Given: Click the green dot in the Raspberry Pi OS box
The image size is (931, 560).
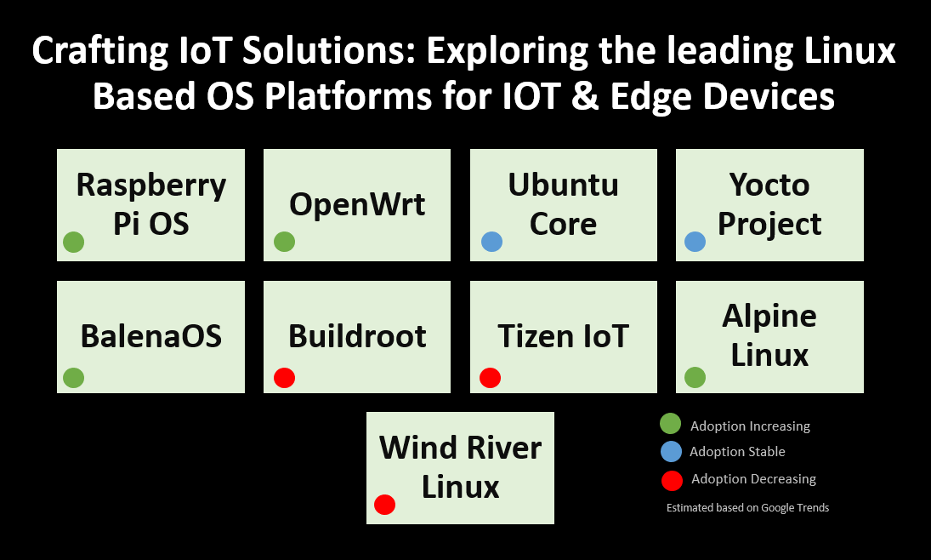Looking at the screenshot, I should pos(74,242).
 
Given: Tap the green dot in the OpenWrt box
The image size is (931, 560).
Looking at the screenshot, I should pos(284,242).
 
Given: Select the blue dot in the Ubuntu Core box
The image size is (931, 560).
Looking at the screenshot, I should pos(491,242).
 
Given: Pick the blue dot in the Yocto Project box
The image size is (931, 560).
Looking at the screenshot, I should pos(695,242).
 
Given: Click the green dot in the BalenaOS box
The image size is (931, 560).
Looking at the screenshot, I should pos(74,377).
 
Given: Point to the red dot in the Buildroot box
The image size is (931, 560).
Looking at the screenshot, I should pos(284,377).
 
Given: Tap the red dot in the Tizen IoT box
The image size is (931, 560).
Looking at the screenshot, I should pos(490,377).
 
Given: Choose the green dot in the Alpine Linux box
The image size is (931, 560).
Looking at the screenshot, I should pos(695,377).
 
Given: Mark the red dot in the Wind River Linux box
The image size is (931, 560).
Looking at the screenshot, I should pos(384,505).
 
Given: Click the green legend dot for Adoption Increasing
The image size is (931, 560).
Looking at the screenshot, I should pos(671,424).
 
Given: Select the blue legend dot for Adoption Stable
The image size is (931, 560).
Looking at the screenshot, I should pos(671,451).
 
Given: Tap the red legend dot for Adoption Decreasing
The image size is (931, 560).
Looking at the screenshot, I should pos(672,480).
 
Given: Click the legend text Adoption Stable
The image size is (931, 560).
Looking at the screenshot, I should pos(737,452).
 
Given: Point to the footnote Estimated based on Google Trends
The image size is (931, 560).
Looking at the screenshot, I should pos(747,508).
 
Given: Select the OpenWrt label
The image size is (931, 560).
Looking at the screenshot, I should pos(357,204).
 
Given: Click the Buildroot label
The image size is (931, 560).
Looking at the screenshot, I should pos(357,336).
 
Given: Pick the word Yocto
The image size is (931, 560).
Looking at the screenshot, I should pos(769,185).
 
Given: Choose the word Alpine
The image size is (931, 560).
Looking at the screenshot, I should pos(769,317).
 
